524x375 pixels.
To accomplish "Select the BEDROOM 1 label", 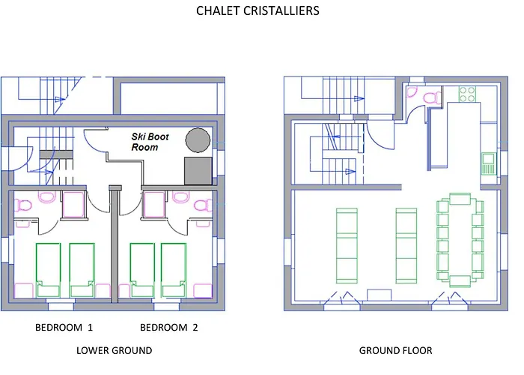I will [64, 328].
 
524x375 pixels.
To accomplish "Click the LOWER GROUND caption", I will [115, 350].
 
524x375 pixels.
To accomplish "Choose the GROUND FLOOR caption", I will [395, 350].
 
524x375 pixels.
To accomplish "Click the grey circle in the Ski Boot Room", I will [198, 139].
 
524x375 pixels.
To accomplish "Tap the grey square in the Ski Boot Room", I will [197, 170].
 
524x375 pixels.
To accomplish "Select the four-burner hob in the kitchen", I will [467, 95].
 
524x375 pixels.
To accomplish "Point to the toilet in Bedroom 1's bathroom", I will [46, 198].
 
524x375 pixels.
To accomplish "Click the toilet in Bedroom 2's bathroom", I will [180, 198].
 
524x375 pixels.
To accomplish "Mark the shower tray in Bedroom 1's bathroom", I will [73, 204].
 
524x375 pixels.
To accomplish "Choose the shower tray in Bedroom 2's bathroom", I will [153, 204].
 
